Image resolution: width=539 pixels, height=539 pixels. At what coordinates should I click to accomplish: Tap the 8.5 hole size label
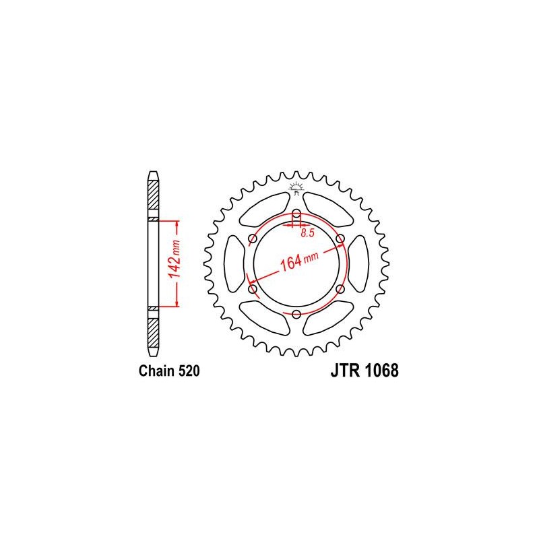tap(307, 233)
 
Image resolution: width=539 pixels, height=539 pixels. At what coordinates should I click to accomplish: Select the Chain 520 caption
tap(169, 371)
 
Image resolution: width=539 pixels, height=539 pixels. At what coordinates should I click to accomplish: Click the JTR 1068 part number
tap(364, 371)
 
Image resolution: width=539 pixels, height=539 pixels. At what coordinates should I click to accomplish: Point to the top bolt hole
tap(296, 213)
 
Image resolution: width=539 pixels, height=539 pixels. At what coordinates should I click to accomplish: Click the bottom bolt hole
tap(296, 314)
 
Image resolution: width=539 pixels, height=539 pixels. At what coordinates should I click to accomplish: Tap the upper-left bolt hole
tap(252, 239)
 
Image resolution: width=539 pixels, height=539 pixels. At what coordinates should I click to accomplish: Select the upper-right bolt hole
tap(340, 239)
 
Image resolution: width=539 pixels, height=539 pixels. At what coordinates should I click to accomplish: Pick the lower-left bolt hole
tap(252, 289)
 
